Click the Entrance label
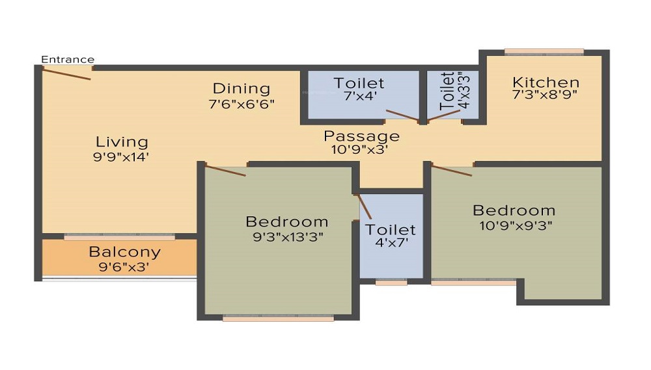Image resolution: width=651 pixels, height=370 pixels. point(68,59)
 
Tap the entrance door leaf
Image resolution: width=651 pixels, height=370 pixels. point(67,74)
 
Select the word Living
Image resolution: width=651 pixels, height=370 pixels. point(122,143)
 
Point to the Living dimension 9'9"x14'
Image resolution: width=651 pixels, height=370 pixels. point(121,157)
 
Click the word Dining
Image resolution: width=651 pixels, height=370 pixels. point(242,89)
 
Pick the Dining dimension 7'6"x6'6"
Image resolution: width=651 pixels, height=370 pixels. point(242,104)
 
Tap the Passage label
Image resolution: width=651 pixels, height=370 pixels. point(361,136)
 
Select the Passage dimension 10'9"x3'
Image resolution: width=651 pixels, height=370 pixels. point(359,149)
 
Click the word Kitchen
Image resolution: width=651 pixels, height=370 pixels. point(546,82)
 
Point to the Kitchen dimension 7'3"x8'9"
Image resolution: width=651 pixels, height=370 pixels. point(545,95)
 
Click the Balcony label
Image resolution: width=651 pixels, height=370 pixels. point(124,252)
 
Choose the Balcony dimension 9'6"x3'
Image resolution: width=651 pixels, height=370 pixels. point(124,266)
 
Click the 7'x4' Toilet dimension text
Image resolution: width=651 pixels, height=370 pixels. point(361,96)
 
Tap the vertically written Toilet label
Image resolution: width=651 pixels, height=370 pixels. point(447,91)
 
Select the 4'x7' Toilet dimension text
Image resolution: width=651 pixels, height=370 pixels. point(392,242)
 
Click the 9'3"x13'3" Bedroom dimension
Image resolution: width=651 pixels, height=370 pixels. point(288,237)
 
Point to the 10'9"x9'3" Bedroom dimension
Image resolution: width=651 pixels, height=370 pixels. point(516,226)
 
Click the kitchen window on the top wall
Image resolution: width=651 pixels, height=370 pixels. point(544,52)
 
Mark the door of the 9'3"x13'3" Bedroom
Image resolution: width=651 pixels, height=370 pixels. point(226,171)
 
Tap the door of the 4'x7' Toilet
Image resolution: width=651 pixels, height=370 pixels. point(364,206)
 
